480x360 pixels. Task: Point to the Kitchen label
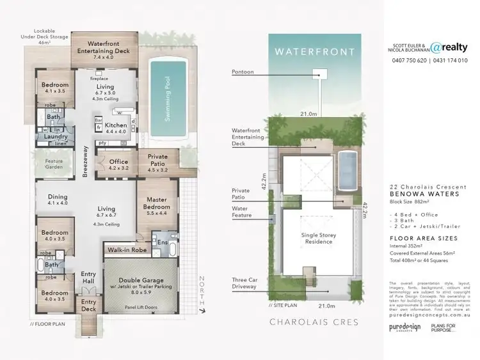[x=116, y=126]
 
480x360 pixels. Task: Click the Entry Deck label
[x=89, y=305]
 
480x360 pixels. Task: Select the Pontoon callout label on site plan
[x=243, y=72]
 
